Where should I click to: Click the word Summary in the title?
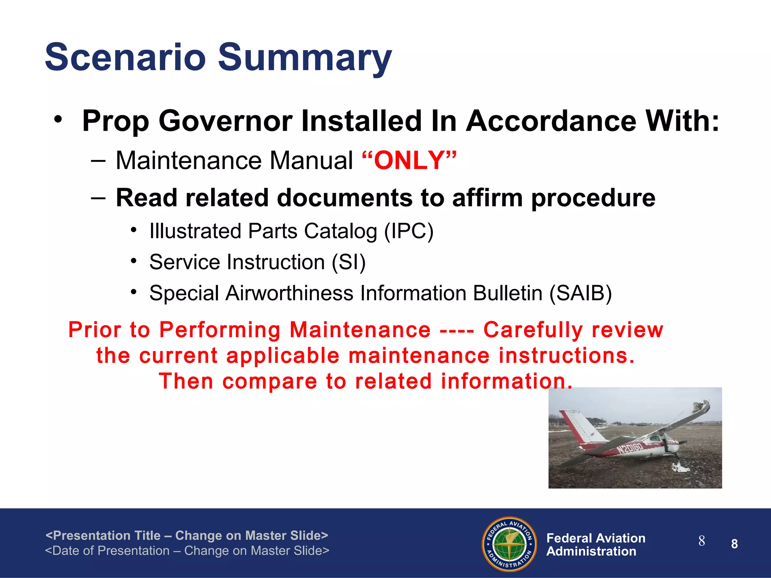point(305,58)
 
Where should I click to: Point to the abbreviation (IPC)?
point(409,231)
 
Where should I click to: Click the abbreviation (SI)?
point(349,262)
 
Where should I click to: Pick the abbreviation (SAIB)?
point(581,293)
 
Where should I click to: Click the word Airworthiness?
point(289,293)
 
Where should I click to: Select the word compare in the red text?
point(270,381)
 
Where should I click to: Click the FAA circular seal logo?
point(509,544)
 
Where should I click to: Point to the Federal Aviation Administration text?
point(596,545)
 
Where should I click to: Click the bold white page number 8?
point(734,544)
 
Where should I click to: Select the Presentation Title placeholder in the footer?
point(186,535)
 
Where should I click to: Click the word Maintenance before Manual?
point(189,161)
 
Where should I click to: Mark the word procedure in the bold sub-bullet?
point(593,198)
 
